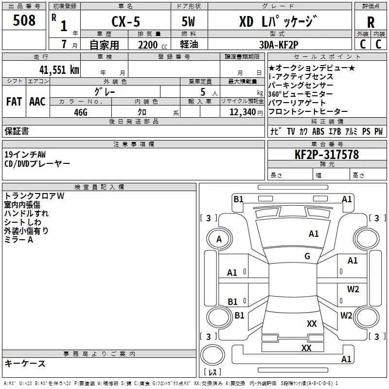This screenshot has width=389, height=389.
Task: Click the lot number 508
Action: [25, 21]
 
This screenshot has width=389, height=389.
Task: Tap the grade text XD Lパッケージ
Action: [277, 21]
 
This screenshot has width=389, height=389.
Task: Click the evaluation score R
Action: [371, 22]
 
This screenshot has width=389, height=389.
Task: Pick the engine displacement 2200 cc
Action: [151, 45]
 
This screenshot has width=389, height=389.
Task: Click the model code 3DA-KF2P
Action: [278, 45]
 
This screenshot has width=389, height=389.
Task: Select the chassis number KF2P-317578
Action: [327, 155]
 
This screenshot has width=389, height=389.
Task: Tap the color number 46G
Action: [81, 112]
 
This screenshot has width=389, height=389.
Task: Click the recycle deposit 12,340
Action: [242, 112]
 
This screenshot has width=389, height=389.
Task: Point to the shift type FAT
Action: [14, 101]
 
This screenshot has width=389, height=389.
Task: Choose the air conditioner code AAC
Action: [37, 101]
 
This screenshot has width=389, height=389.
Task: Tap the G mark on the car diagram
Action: [307, 256]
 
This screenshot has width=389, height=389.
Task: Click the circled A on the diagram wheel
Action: [219, 239]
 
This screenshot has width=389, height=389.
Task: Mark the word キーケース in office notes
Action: [25, 363]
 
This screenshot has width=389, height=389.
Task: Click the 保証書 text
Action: [17, 131]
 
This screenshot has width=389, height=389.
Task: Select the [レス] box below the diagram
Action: [212, 372]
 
